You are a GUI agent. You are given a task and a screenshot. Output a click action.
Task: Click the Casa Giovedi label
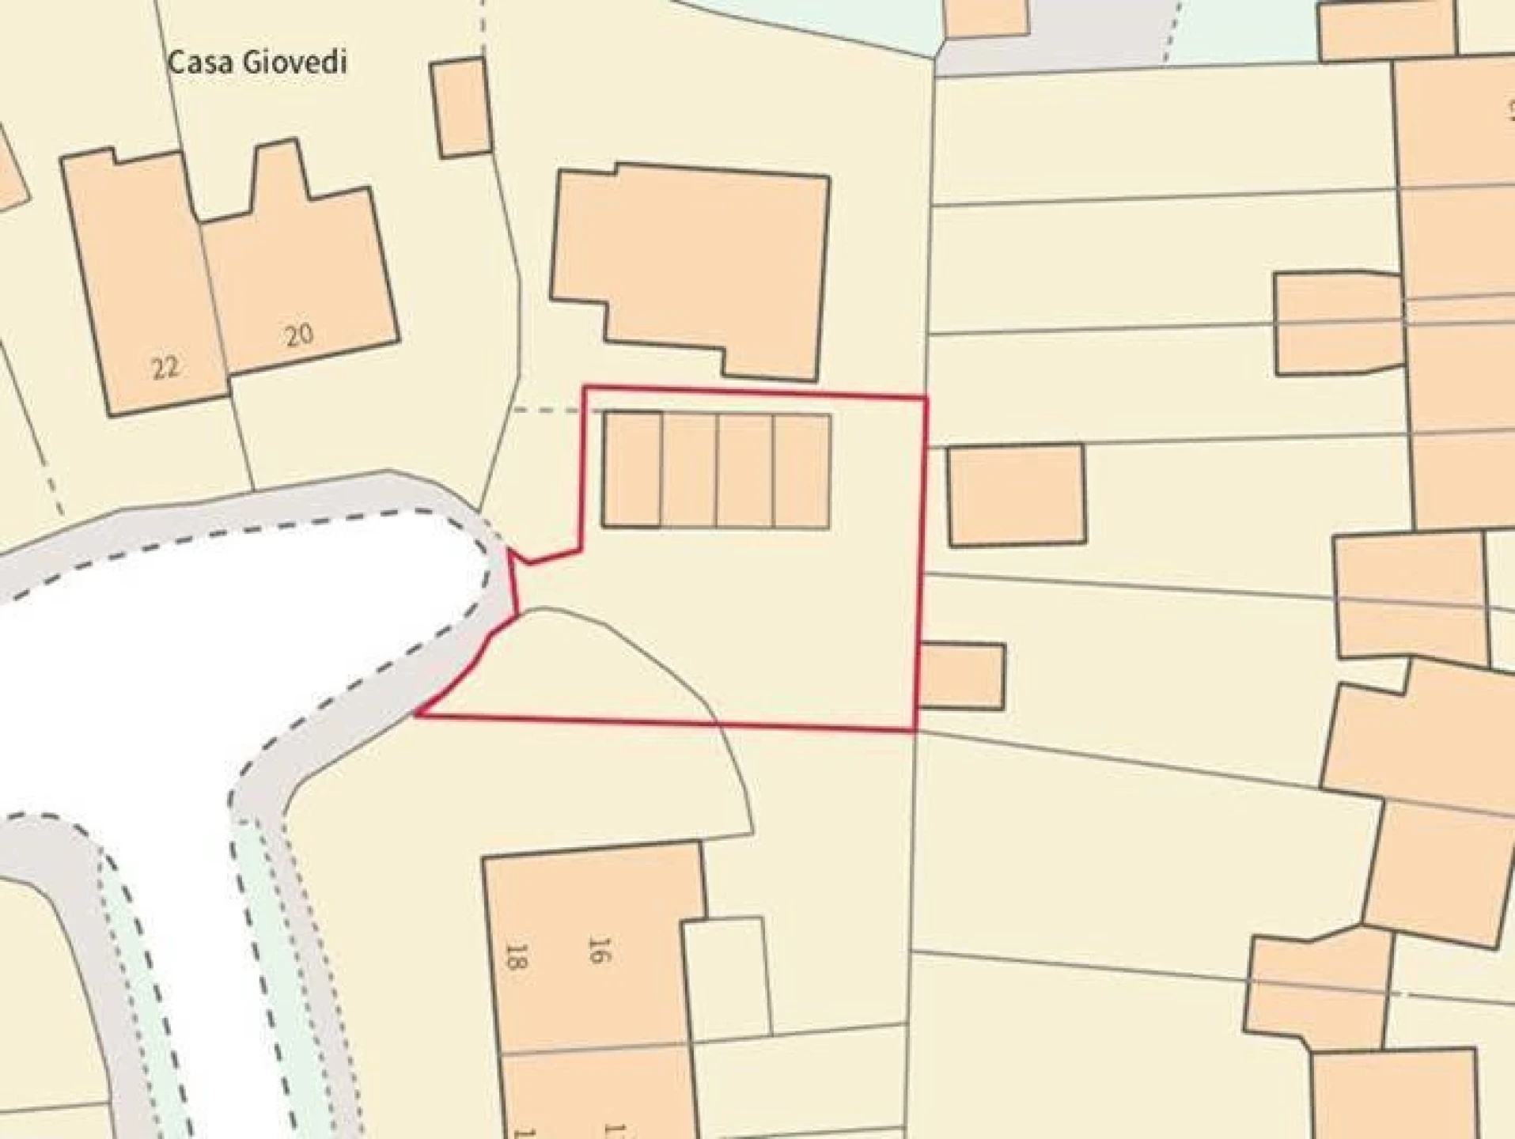coord(257,62)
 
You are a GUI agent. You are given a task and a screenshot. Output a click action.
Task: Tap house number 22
coord(165,368)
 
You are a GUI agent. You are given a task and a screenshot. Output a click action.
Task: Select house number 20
coord(299,336)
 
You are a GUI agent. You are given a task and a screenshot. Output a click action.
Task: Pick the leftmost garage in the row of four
coord(632,469)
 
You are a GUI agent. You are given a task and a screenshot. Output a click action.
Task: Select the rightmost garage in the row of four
coord(801,471)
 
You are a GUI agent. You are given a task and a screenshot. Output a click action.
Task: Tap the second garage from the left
coord(689,470)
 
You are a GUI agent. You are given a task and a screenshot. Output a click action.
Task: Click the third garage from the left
coord(745,471)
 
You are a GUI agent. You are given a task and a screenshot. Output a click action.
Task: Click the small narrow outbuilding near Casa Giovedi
coord(460,108)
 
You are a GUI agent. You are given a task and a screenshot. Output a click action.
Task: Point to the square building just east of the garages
coord(1017,495)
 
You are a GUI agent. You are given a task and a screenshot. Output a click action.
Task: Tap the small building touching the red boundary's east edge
coord(962,676)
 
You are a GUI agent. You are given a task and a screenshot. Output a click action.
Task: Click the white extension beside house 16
coord(726,977)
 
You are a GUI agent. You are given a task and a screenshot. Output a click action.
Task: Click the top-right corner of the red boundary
coord(926,399)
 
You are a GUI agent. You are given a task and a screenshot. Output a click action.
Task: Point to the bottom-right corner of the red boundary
coord(915,728)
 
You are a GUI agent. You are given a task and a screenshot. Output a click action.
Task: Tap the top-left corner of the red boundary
coord(585,387)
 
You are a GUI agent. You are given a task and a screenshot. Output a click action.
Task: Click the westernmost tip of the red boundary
coord(417,716)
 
